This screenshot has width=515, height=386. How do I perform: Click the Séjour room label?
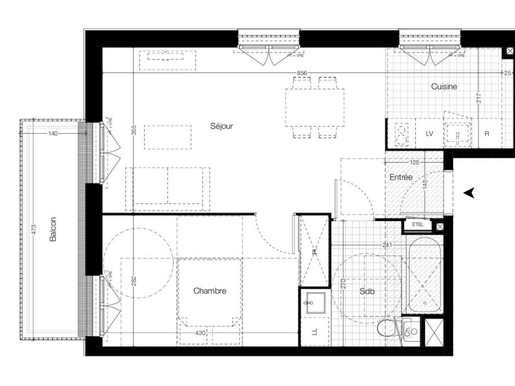coord(222,126)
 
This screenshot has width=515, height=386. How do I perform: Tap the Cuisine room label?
coord(444,87)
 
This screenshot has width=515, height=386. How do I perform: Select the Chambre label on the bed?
coord(210,291)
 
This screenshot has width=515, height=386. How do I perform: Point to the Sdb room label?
coord(367,292)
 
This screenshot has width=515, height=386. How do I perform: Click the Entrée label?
coord(401,177)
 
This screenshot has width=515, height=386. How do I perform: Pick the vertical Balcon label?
coord(53,230)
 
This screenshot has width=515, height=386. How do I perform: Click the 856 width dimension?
coord(302,73)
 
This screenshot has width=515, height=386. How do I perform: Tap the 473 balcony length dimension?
coord(33,231)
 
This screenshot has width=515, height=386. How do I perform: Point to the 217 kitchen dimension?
coord(479,99)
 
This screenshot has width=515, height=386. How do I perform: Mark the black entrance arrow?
coord(468,192)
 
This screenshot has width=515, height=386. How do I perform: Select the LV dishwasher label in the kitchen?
coord(430,134)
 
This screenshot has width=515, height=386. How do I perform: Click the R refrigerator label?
coord(487,134)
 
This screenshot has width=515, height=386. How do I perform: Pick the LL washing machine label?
coord(315,332)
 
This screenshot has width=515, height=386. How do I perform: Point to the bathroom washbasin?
coord(315,302)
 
